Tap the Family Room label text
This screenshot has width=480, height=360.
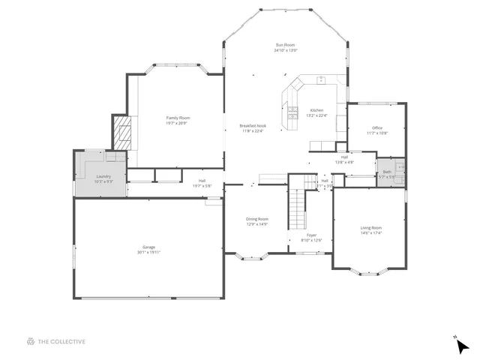(178, 118)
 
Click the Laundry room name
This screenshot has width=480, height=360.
(103, 176)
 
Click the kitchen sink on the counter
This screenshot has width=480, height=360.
(320, 79)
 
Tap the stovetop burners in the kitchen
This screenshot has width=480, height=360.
(292, 115)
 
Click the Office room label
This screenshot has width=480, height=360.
(377, 127)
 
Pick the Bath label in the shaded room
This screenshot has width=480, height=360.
(387, 172)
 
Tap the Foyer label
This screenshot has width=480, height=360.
(311, 235)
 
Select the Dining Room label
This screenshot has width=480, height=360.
(257, 218)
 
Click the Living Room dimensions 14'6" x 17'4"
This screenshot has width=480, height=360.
(370, 233)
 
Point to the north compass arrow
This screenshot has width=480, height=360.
(463, 346)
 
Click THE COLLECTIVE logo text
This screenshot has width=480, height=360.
(61, 341)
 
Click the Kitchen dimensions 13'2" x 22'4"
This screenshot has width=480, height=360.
(317, 115)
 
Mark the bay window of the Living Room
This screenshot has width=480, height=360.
(370, 272)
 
